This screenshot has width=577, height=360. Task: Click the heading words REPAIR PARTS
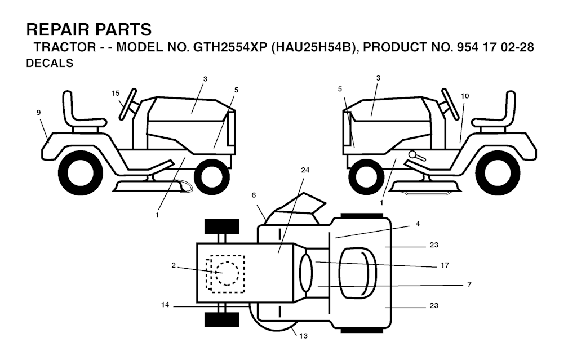pos(88,29)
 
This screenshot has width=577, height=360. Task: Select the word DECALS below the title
pos(50,63)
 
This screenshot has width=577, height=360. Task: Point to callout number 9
pos(39,113)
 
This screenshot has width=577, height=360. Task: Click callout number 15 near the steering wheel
pos(116,94)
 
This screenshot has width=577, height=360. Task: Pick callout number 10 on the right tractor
pos(465,96)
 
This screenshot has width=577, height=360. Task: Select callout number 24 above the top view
pos(305,170)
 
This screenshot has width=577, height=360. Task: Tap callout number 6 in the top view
pos(254,195)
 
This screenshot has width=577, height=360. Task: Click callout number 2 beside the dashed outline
pos(174,265)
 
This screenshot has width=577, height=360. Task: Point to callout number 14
pos(165,305)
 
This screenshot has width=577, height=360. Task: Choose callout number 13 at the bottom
pos(303,336)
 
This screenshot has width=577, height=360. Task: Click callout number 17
pos(445,265)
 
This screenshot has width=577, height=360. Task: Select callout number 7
pos(469,285)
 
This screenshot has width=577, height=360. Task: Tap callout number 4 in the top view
pos(418,224)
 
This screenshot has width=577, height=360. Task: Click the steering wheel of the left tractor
pos(128,104)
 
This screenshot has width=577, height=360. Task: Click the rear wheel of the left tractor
pos(80,174)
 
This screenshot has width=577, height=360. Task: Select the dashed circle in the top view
pos(228,273)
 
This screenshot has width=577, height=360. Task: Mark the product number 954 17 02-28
pos(495,47)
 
